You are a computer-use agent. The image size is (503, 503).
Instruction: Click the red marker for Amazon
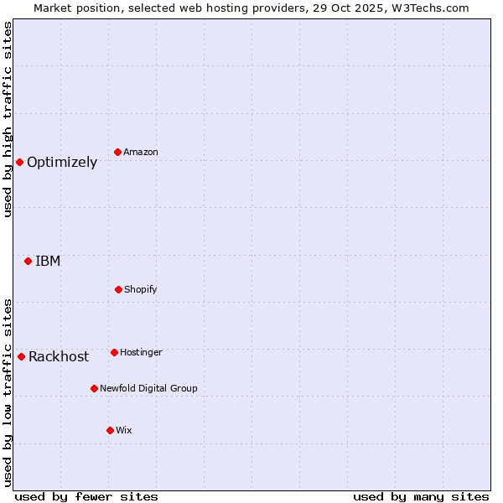[x=118, y=152]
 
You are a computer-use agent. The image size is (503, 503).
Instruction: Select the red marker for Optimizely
[x=19, y=162]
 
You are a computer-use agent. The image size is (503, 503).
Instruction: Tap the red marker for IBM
[x=28, y=261]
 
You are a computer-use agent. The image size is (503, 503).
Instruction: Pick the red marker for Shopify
[x=118, y=289]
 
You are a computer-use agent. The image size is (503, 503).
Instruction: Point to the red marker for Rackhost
[x=21, y=356]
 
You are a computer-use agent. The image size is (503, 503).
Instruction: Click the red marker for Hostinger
[x=114, y=352]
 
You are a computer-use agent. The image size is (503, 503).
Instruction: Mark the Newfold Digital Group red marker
[x=94, y=388]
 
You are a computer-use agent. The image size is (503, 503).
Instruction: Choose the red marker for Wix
[x=110, y=430]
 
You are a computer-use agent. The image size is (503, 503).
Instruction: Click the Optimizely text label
[x=62, y=163]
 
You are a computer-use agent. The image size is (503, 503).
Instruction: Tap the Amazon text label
[x=141, y=152]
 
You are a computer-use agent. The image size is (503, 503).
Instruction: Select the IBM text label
[x=48, y=262]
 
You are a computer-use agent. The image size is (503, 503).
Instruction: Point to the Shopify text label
[x=141, y=289]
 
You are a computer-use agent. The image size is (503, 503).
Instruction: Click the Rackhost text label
[x=59, y=357]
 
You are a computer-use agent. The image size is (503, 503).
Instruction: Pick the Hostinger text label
[x=141, y=352]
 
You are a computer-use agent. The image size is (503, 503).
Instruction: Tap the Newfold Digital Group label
[x=149, y=388]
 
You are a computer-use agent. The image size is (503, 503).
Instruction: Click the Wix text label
[x=124, y=430]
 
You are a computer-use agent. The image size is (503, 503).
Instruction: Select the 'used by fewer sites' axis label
[x=86, y=496]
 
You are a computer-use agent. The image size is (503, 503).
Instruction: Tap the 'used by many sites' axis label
[x=421, y=496]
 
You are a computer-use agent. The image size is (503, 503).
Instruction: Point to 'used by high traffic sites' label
[x=8, y=119]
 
